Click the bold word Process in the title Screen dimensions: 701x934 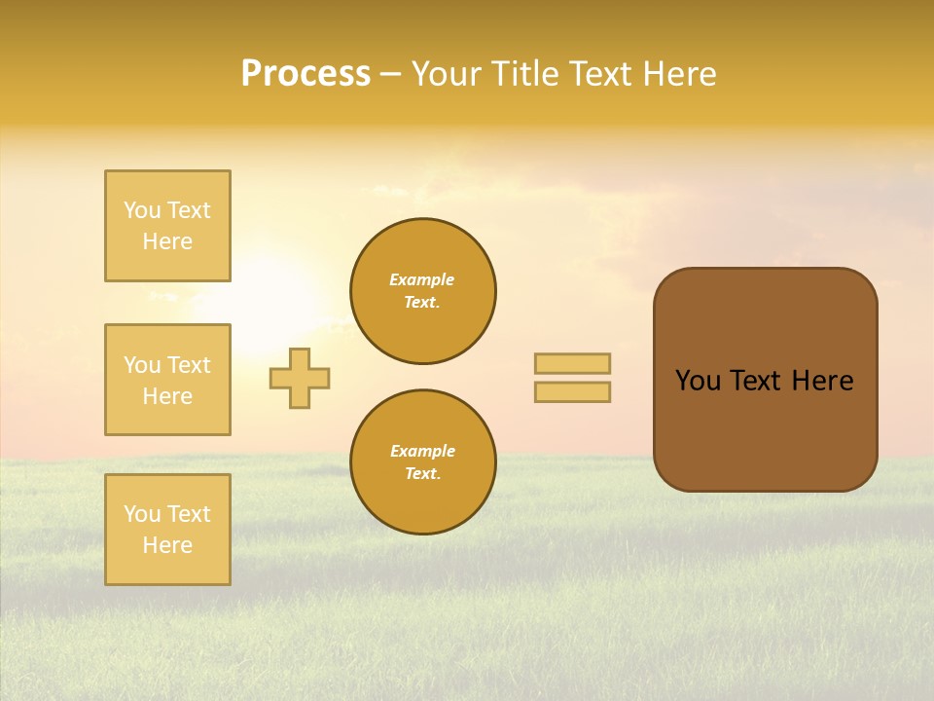pos(305,74)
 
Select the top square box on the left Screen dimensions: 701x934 pos(167,226)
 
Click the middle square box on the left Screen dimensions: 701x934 pos(167,380)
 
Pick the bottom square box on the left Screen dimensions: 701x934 pos(167,530)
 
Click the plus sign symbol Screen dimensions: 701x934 pos(300,378)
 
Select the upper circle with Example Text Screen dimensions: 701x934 pos(423,291)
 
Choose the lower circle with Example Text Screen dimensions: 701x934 pos(423,462)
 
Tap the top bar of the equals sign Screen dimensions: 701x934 pos(573,364)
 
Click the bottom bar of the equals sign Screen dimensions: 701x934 pos(573,391)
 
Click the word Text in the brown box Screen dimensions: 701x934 pos(756,381)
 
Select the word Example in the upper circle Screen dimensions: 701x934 pos(422,279)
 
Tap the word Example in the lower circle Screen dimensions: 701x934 pos(422,451)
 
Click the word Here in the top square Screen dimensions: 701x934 pos(167,241)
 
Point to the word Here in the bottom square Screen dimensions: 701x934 pos(167,545)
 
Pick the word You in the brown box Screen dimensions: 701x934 pos(698,381)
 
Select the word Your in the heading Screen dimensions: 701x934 pos(444,74)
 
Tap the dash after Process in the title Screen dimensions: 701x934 pos(391,74)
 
